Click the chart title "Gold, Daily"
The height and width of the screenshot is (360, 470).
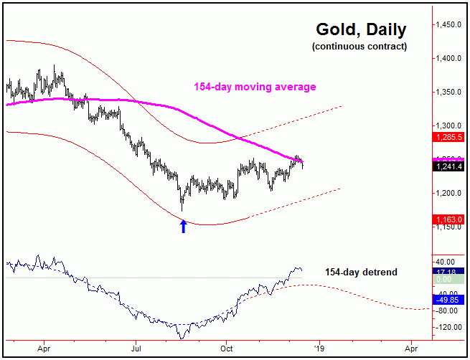tap(361, 30)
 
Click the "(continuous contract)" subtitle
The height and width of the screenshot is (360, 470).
tap(359, 47)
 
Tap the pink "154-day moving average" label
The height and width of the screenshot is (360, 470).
tap(255, 87)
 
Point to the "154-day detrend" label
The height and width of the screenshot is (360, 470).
tap(361, 273)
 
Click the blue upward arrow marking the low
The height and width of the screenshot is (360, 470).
tap(183, 226)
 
